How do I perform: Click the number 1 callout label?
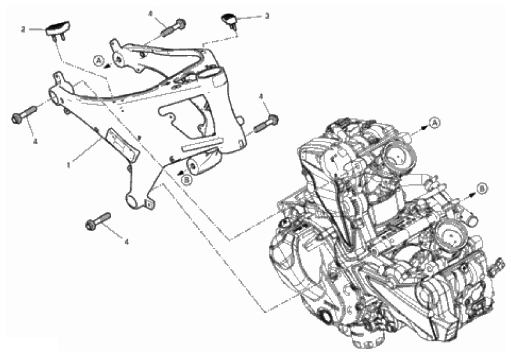(x=69, y=166)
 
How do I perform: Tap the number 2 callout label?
(x=23, y=30)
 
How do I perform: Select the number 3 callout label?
(x=267, y=16)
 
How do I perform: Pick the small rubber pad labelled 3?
(x=229, y=19)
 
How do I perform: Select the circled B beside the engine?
(x=482, y=189)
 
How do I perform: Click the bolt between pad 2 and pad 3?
(x=173, y=29)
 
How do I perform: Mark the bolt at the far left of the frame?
(x=24, y=115)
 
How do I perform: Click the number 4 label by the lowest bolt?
(x=127, y=242)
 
